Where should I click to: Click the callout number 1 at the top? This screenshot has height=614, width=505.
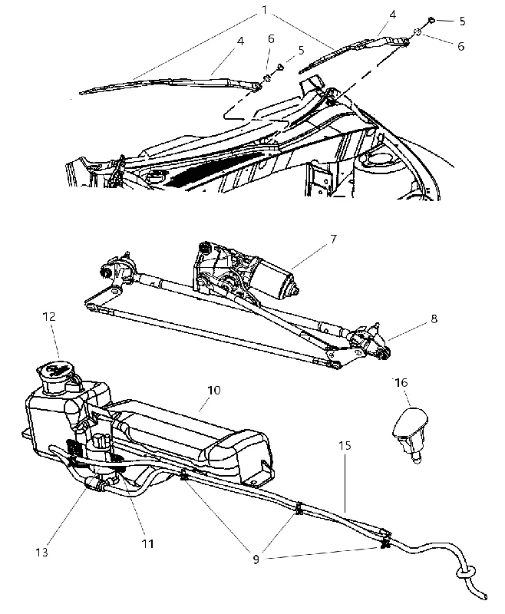point(265,9)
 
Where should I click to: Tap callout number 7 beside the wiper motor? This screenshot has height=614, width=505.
point(333,239)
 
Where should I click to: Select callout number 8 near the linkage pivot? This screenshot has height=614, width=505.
point(434,319)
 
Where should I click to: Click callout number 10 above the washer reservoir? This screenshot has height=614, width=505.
point(214,390)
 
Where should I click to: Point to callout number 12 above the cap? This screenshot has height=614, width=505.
point(49,316)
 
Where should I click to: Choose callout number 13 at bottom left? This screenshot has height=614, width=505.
point(41,552)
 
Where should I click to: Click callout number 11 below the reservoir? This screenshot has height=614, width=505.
point(147,543)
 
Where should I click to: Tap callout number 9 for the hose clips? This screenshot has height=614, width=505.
point(256,560)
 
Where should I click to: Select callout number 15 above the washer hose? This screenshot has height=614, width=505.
point(345,445)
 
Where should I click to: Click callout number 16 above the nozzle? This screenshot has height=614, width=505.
point(401,382)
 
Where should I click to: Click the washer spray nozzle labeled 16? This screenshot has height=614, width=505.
point(410,432)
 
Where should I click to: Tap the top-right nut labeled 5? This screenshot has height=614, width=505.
point(431,20)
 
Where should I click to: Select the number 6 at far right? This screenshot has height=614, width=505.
point(461,46)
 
